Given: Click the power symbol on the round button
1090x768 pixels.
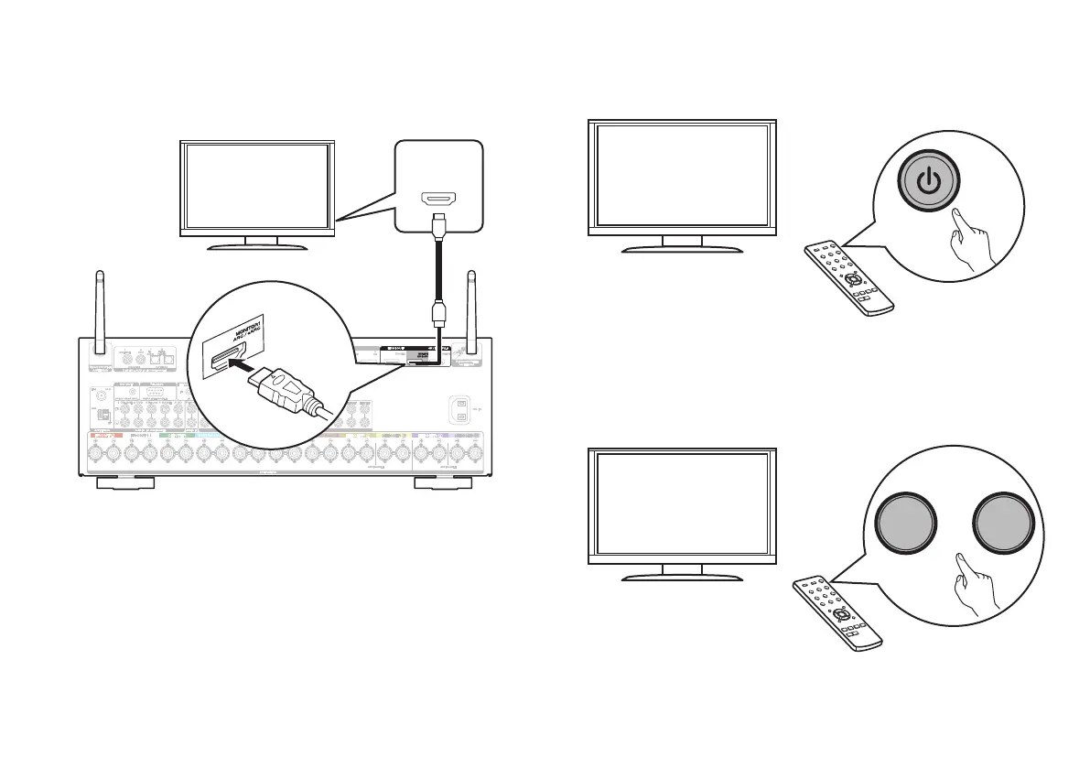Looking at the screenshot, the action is pos(929,180).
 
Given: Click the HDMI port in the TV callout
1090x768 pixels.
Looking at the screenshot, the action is pos(438,198).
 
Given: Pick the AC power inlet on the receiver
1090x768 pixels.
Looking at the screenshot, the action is pos(463,409).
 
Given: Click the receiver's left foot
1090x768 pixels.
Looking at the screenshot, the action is pos(123,482).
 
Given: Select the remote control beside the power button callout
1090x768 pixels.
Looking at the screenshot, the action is pos(847,276).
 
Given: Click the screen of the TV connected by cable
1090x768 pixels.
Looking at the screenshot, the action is pos(256,186).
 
